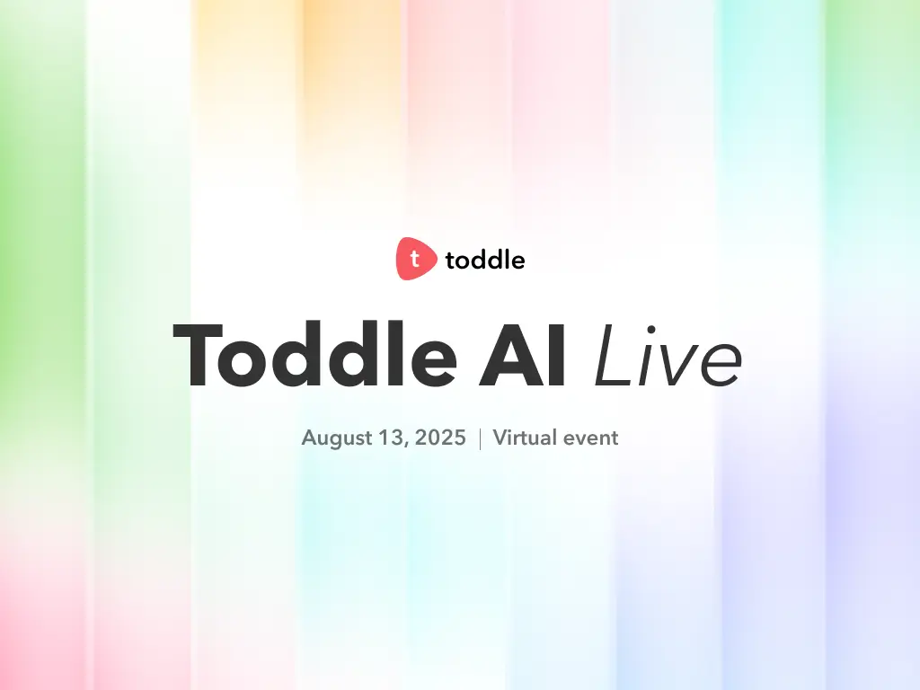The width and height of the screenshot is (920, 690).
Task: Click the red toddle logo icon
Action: pyautogui.click(x=416, y=259)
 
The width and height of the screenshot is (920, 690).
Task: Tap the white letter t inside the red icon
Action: pyautogui.click(x=414, y=259)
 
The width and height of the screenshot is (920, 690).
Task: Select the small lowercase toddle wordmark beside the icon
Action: pyautogui.click(x=485, y=261)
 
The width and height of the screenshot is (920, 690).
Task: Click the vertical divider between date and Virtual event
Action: pyautogui.click(x=480, y=438)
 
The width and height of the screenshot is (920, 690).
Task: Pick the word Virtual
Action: pyautogui.click(x=524, y=438)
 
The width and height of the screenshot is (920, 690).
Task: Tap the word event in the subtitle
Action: pyautogui.click(x=590, y=438)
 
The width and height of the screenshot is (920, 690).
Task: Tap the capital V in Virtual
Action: pyautogui.click(x=500, y=438)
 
